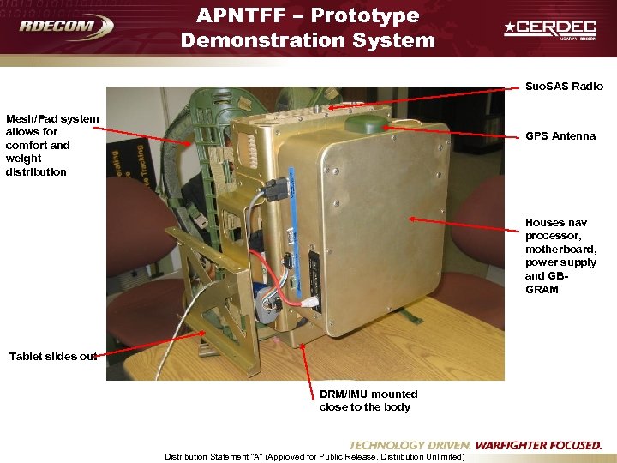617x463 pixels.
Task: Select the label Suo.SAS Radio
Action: (x=564, y=87)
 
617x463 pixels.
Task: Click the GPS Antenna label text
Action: (x=560, y=136)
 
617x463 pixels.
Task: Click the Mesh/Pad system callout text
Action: (x=51, y=145)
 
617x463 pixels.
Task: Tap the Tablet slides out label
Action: (x=53, y=357)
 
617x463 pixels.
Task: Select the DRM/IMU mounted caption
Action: (x=368, y=400)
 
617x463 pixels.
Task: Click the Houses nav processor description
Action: (x=560, y=256)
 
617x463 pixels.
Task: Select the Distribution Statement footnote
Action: (x=314, y=456)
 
